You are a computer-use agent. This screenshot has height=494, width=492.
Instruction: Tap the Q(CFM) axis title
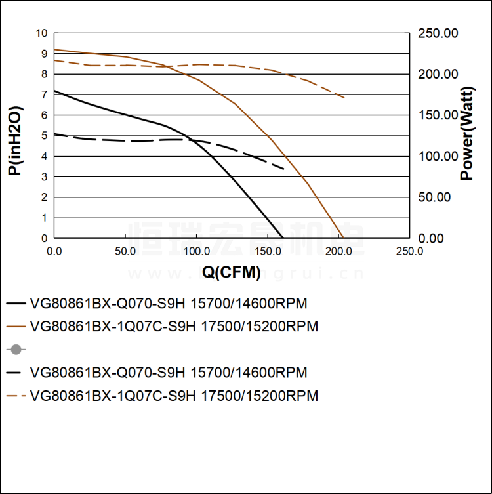point(231,272)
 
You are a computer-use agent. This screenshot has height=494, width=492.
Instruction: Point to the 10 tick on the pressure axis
point(43,33)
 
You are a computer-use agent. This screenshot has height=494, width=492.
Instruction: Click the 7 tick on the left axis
point(45,94)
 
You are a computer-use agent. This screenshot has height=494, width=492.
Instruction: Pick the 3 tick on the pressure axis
point(45,176)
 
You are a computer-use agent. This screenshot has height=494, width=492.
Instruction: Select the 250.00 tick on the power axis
point(439,33)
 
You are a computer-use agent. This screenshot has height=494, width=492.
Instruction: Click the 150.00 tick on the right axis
point(439,115)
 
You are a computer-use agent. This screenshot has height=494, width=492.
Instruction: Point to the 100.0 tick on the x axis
point(196,251)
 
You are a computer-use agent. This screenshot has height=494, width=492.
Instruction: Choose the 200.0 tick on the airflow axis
point(338,251)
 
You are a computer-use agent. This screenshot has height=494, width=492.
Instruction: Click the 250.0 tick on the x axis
point(409,251)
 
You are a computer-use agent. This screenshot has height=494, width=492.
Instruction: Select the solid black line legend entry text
point(169,304)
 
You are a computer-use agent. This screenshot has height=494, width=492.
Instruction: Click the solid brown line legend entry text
point(174,327)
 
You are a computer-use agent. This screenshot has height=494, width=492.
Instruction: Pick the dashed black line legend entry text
point(169,373)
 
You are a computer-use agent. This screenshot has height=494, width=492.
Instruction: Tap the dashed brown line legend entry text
point(174,396)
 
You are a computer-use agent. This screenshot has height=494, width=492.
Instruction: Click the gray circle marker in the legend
point(16,350)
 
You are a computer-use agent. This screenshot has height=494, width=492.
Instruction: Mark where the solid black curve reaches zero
point(283,238)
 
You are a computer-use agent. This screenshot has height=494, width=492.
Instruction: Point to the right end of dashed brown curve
point(344,98)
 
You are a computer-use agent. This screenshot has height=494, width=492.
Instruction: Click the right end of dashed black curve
point(284,169)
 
